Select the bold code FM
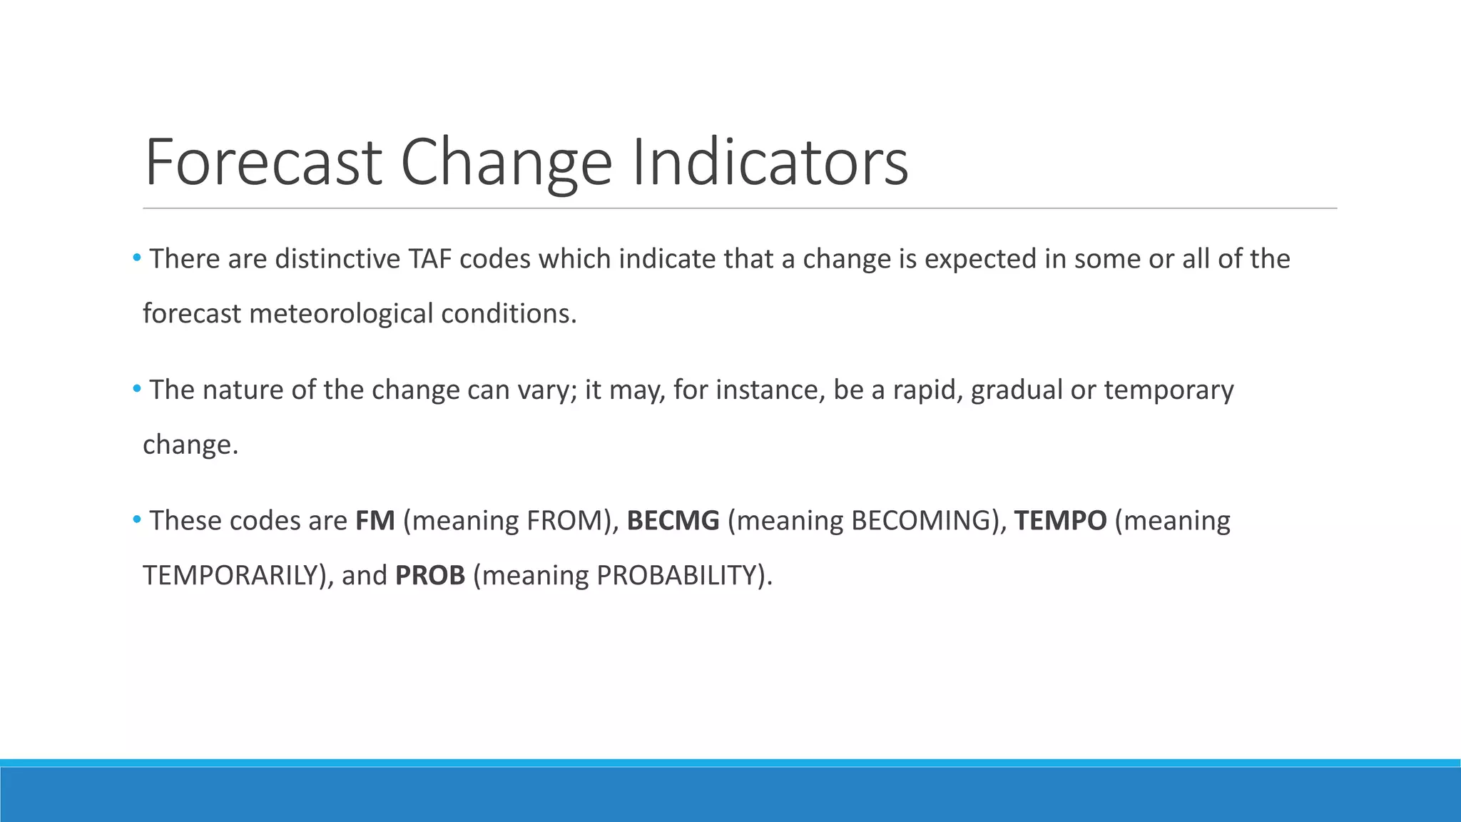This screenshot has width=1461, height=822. click(x=375, y=521)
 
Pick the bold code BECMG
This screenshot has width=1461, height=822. click(x=673, y=521)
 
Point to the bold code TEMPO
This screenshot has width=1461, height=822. click(x=1060, y=521)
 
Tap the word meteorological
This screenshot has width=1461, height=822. click(x=341, y=314)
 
